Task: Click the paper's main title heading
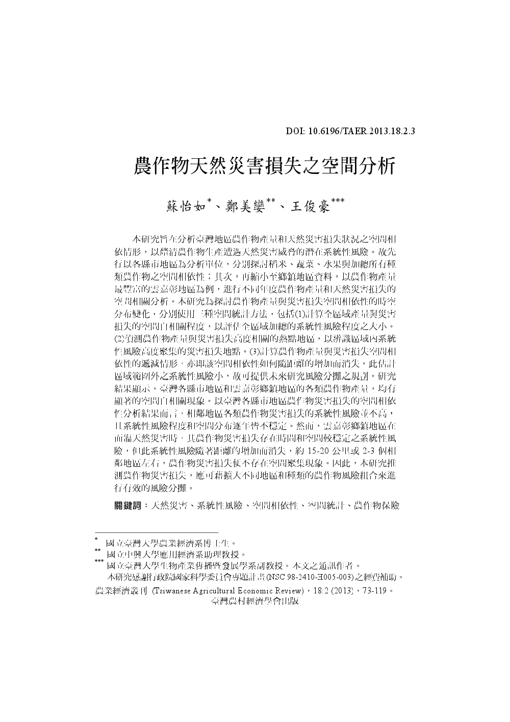pos(264,166)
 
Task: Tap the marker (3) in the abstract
pos(252,351)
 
